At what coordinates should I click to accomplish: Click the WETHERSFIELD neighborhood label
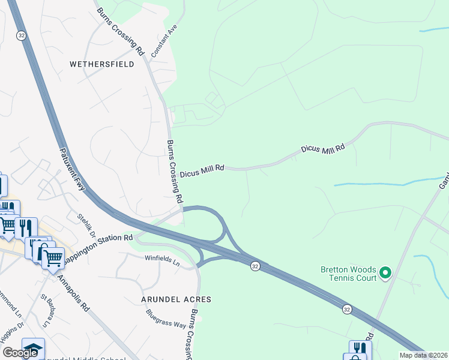(x=102, y=64)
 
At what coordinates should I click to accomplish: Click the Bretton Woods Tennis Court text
(x=348, y=274)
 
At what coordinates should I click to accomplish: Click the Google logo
(x=20, y=353)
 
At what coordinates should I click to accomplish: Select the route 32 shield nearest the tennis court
(x=347, y=309)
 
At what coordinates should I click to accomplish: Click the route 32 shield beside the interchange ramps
(x=255, y=266)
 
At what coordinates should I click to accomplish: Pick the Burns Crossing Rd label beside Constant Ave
(x=121, y=32)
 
